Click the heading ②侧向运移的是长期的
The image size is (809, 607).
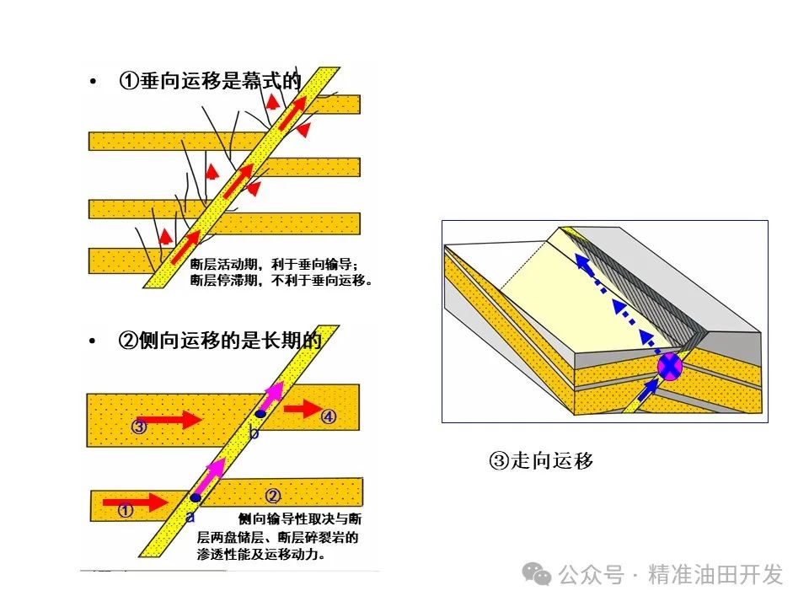pyautogui.click(x=219, y=341)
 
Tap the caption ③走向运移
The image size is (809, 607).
pyautogui.click(x=541, y=460)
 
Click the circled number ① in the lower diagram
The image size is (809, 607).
pyautogui.click(x=126, y=510)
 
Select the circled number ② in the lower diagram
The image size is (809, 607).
pyautogui.click(x=272, y=495)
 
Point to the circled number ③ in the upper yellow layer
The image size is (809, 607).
pyautogui.click(x=140, y=426)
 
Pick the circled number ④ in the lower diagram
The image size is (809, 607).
pyautogui.click(x=329, y=416)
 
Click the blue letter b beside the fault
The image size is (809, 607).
pyautogui.click(x=254, y=432)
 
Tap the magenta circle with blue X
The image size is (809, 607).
pyautogui.click(x=669, y=367)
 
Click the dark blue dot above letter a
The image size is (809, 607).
pyautogui.click(x=196, y=498)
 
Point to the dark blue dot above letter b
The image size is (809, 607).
pyautogui.click(x=261, y=414)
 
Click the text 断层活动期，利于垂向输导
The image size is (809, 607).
pyautogui.click(x=275, y=263)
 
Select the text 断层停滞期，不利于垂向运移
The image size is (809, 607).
pyautogui.click(x=281, y=280)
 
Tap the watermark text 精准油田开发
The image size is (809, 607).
pyautogui.click(x=715, y=575)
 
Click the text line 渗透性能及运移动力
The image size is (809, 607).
pyautogui.click(x=261, y=556)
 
